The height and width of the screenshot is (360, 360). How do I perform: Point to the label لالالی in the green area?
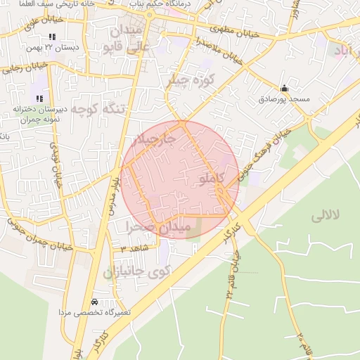pos(325,215)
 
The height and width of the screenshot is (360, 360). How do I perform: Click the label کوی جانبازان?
pos(138,272)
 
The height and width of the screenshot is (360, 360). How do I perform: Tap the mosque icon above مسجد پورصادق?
pos(284,89)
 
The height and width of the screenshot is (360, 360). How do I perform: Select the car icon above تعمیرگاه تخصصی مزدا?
pos(95,301)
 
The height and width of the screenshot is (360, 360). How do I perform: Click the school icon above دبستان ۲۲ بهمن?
pos(52,37)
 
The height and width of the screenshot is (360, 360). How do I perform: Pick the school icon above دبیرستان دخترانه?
pos(39,98)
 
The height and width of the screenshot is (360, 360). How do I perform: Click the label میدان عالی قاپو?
pos(127,39)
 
